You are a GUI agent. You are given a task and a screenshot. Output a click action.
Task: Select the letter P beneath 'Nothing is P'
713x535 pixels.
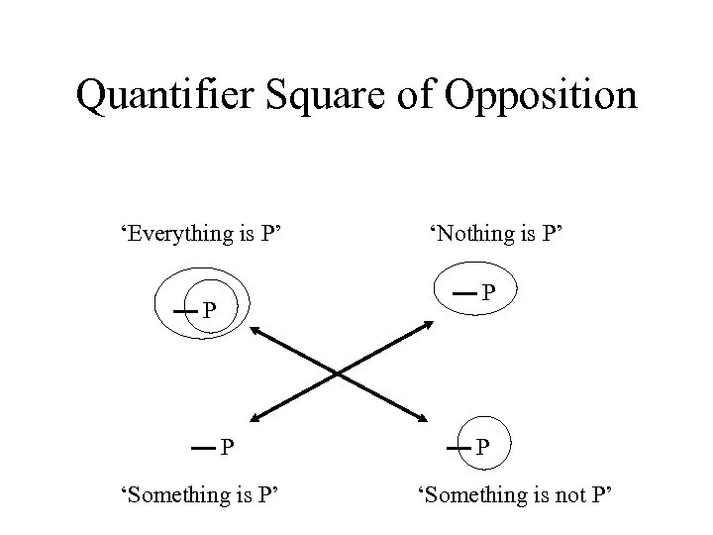tap(489, 293)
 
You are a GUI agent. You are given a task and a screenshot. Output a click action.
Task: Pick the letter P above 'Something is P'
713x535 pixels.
tap(227, 448)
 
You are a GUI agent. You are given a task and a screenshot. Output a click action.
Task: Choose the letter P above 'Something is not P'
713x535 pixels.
tap(482, 448)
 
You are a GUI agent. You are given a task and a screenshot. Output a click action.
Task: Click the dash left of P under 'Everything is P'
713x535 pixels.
tap(184, 311)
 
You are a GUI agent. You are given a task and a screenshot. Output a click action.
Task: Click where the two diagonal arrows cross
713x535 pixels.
tap(342, 374)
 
